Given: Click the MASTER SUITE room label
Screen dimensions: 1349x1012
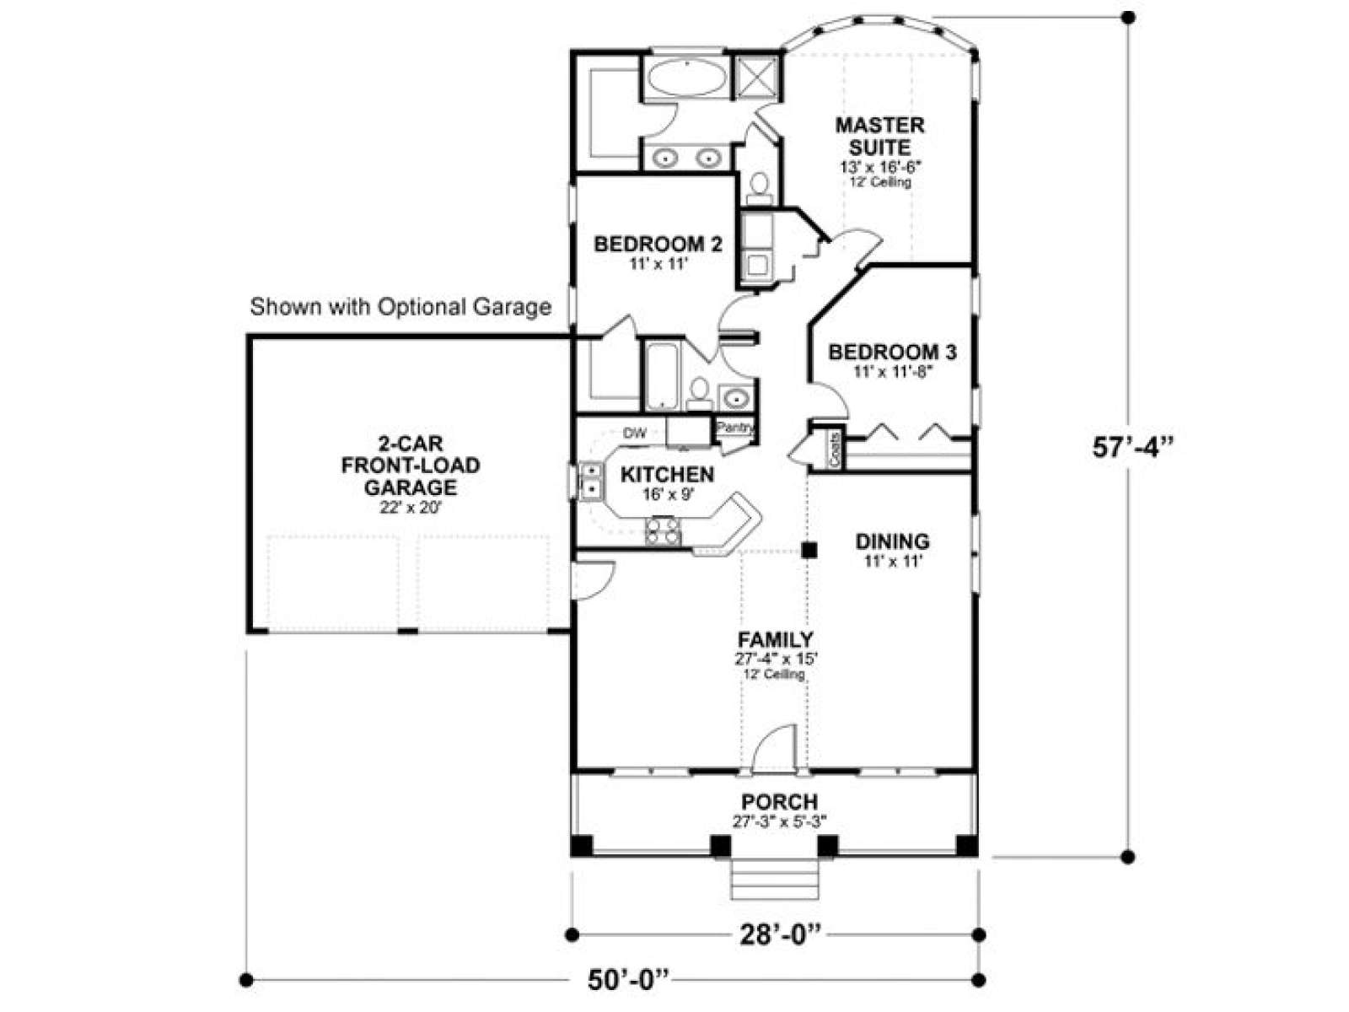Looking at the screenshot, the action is point(879,136).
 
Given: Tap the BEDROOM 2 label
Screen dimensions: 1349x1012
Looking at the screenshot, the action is point(657,245).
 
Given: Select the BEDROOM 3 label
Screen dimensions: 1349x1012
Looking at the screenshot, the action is point(892,352).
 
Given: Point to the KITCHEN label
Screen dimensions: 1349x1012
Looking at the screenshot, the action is point(667,474).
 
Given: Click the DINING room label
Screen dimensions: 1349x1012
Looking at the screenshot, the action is point(892,541).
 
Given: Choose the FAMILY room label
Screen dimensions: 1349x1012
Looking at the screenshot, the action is point(776,639).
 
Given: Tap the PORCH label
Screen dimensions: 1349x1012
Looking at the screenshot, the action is point(779,802).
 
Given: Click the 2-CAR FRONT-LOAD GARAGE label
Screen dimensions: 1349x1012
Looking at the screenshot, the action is point(411,466).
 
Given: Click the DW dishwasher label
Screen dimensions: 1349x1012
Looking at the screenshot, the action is point(635,433).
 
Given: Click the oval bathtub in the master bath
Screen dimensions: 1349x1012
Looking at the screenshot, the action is point(686,78).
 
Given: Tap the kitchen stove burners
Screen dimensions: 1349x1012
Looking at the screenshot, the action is point(663,530).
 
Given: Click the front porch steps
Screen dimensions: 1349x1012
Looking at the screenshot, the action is point(774,880).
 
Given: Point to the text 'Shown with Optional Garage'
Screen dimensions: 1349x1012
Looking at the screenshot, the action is point(400,307).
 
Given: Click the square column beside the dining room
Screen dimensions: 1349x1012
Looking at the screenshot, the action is point(809,550).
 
